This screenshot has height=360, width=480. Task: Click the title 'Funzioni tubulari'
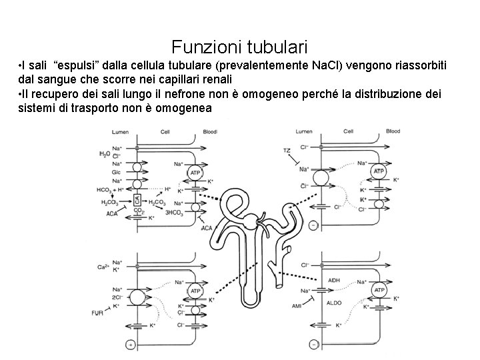[x=239, y=47]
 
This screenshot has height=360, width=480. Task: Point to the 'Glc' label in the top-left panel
[x=116, y=172]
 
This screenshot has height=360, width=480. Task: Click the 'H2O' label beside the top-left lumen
[x=104, y=155]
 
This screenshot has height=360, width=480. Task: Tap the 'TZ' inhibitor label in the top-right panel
[x=287, y=151]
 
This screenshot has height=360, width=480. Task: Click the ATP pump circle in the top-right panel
[x=379, y=172]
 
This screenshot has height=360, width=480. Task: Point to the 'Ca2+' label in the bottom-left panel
[x=103, y=267]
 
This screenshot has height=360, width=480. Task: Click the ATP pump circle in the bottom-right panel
[x=379, y=291]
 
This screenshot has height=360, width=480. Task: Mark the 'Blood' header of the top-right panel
[x=393, y=131]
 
